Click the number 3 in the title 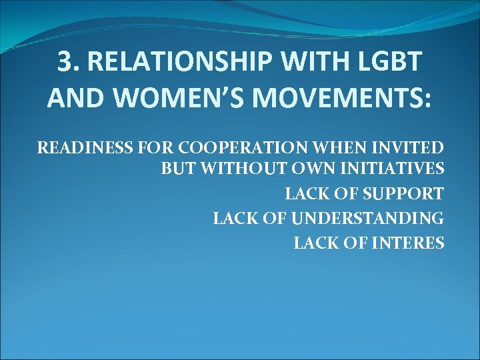point(65,62)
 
